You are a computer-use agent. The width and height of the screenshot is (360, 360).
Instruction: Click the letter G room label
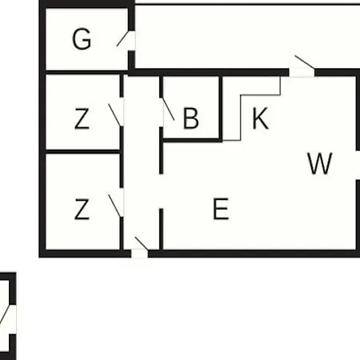click(82, 39)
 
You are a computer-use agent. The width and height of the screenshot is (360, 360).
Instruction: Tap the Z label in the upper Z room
click(82, 118)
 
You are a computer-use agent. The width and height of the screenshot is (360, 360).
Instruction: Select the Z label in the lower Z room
click(82, 209)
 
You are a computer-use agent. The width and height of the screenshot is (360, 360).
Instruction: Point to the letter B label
click(191, 118)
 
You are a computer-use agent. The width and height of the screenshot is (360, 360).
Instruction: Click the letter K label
click(260, 118)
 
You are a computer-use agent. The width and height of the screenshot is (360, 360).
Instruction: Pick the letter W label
click(320, 163)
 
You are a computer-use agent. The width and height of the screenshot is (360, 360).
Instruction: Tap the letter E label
click(221, 209)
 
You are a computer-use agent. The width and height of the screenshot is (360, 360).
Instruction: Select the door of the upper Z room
click(114, 114)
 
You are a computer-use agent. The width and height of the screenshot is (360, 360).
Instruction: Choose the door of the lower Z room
click(115, 206)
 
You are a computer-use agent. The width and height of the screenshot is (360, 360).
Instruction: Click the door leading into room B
click(168, 110)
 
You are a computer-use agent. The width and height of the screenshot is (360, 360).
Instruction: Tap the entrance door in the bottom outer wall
click(142, 244)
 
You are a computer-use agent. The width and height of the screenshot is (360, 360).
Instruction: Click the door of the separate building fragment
click(4, 315)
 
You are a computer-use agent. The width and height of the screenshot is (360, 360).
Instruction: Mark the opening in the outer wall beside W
click(358, 166)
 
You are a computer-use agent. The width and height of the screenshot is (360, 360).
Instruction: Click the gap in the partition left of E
click(161, 191)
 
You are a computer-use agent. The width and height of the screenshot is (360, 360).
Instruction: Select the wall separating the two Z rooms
click(82, 152)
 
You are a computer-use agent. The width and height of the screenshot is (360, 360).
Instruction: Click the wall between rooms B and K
click(221, 108)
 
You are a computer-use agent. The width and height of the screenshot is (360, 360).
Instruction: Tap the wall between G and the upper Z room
click(85, 73)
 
